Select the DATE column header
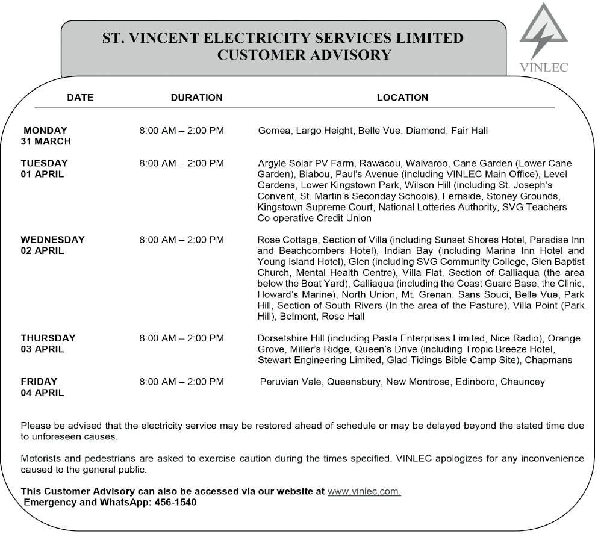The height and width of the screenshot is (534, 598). [x=80, y=98]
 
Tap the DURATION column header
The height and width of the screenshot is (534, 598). [x=196, y=98]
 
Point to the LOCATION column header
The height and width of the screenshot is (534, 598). [x=402, y=98]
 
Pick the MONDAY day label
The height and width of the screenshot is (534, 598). [x=46, y=130]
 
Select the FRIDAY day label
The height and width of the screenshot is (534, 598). [x=39, y=382]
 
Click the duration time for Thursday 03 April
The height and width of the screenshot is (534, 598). [x=181, y=338]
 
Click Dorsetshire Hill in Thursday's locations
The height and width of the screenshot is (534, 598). [x=291, y=338]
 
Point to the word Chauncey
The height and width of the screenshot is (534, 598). [x=522, y=382]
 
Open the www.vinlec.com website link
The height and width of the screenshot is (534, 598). [x=364, y=491]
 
